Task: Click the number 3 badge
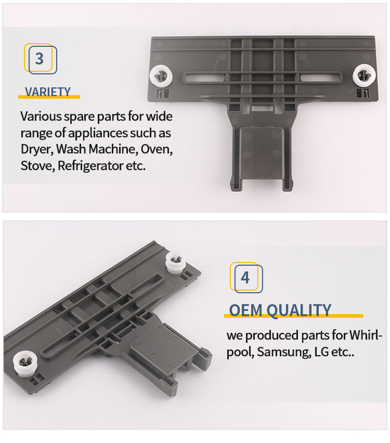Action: coord(41,58)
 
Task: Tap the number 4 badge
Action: coord(246,278)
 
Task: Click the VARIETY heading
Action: coord(48,92)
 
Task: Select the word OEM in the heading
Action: coord(245,310)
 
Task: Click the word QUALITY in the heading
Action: coord(298,311)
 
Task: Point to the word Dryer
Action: coord(37,150)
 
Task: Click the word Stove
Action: coord(37,166)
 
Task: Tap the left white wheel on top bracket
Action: coord(161,76)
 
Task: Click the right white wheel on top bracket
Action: coord(364,75)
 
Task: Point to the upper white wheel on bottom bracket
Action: coord(176,262)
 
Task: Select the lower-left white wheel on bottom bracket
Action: coord(25,363)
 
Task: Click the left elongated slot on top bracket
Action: coord(204,77)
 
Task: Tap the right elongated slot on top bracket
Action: coord(320,77)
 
